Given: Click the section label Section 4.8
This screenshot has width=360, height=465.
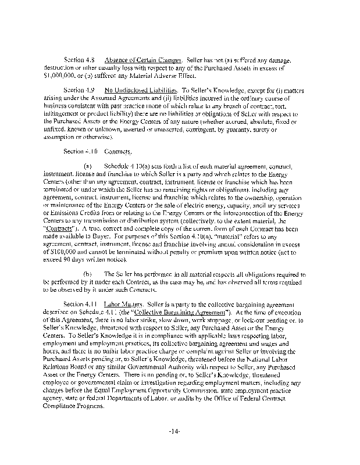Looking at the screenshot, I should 80,60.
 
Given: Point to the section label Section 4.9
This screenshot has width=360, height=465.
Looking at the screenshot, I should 80,91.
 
